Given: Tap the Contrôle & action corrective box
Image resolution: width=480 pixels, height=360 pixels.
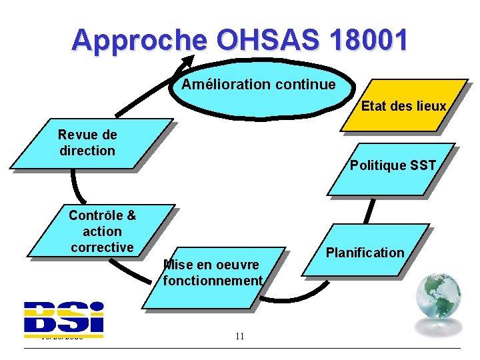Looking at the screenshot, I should click(x=101, y=231).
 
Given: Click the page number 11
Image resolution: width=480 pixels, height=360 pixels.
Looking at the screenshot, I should click(x=240, y=336).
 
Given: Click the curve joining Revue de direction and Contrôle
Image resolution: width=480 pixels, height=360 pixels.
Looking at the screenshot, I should click(x=75, y=187).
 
